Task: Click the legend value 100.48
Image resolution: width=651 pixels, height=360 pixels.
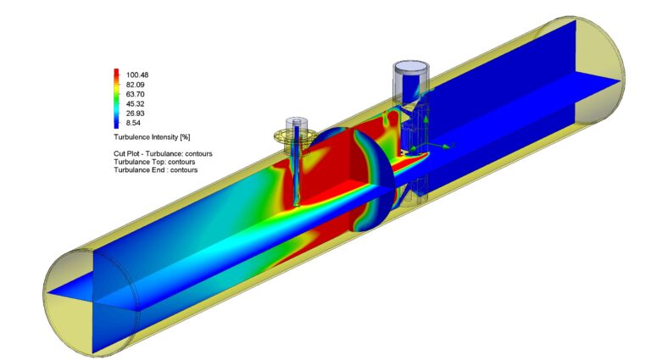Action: click(137, 75)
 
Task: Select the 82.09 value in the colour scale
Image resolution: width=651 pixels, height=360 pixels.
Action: click(137, 84)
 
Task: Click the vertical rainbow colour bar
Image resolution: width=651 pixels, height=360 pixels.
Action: click(116, 97)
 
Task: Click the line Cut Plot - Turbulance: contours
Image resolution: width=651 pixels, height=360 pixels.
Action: click(163, 153)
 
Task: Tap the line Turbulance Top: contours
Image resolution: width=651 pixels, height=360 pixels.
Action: click(155, 162)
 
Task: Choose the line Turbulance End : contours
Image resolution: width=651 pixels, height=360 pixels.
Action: click(156, 170)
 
